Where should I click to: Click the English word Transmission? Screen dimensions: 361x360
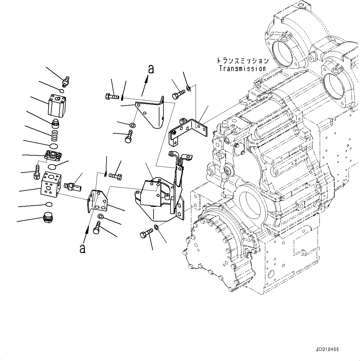242,69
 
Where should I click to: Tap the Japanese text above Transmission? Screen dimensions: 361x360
242,61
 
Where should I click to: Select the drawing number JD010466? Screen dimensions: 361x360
327,349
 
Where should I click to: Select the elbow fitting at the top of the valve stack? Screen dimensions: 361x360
66,82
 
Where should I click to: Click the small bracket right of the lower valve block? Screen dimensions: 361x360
97,201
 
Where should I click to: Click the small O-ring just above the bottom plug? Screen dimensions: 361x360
49,204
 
